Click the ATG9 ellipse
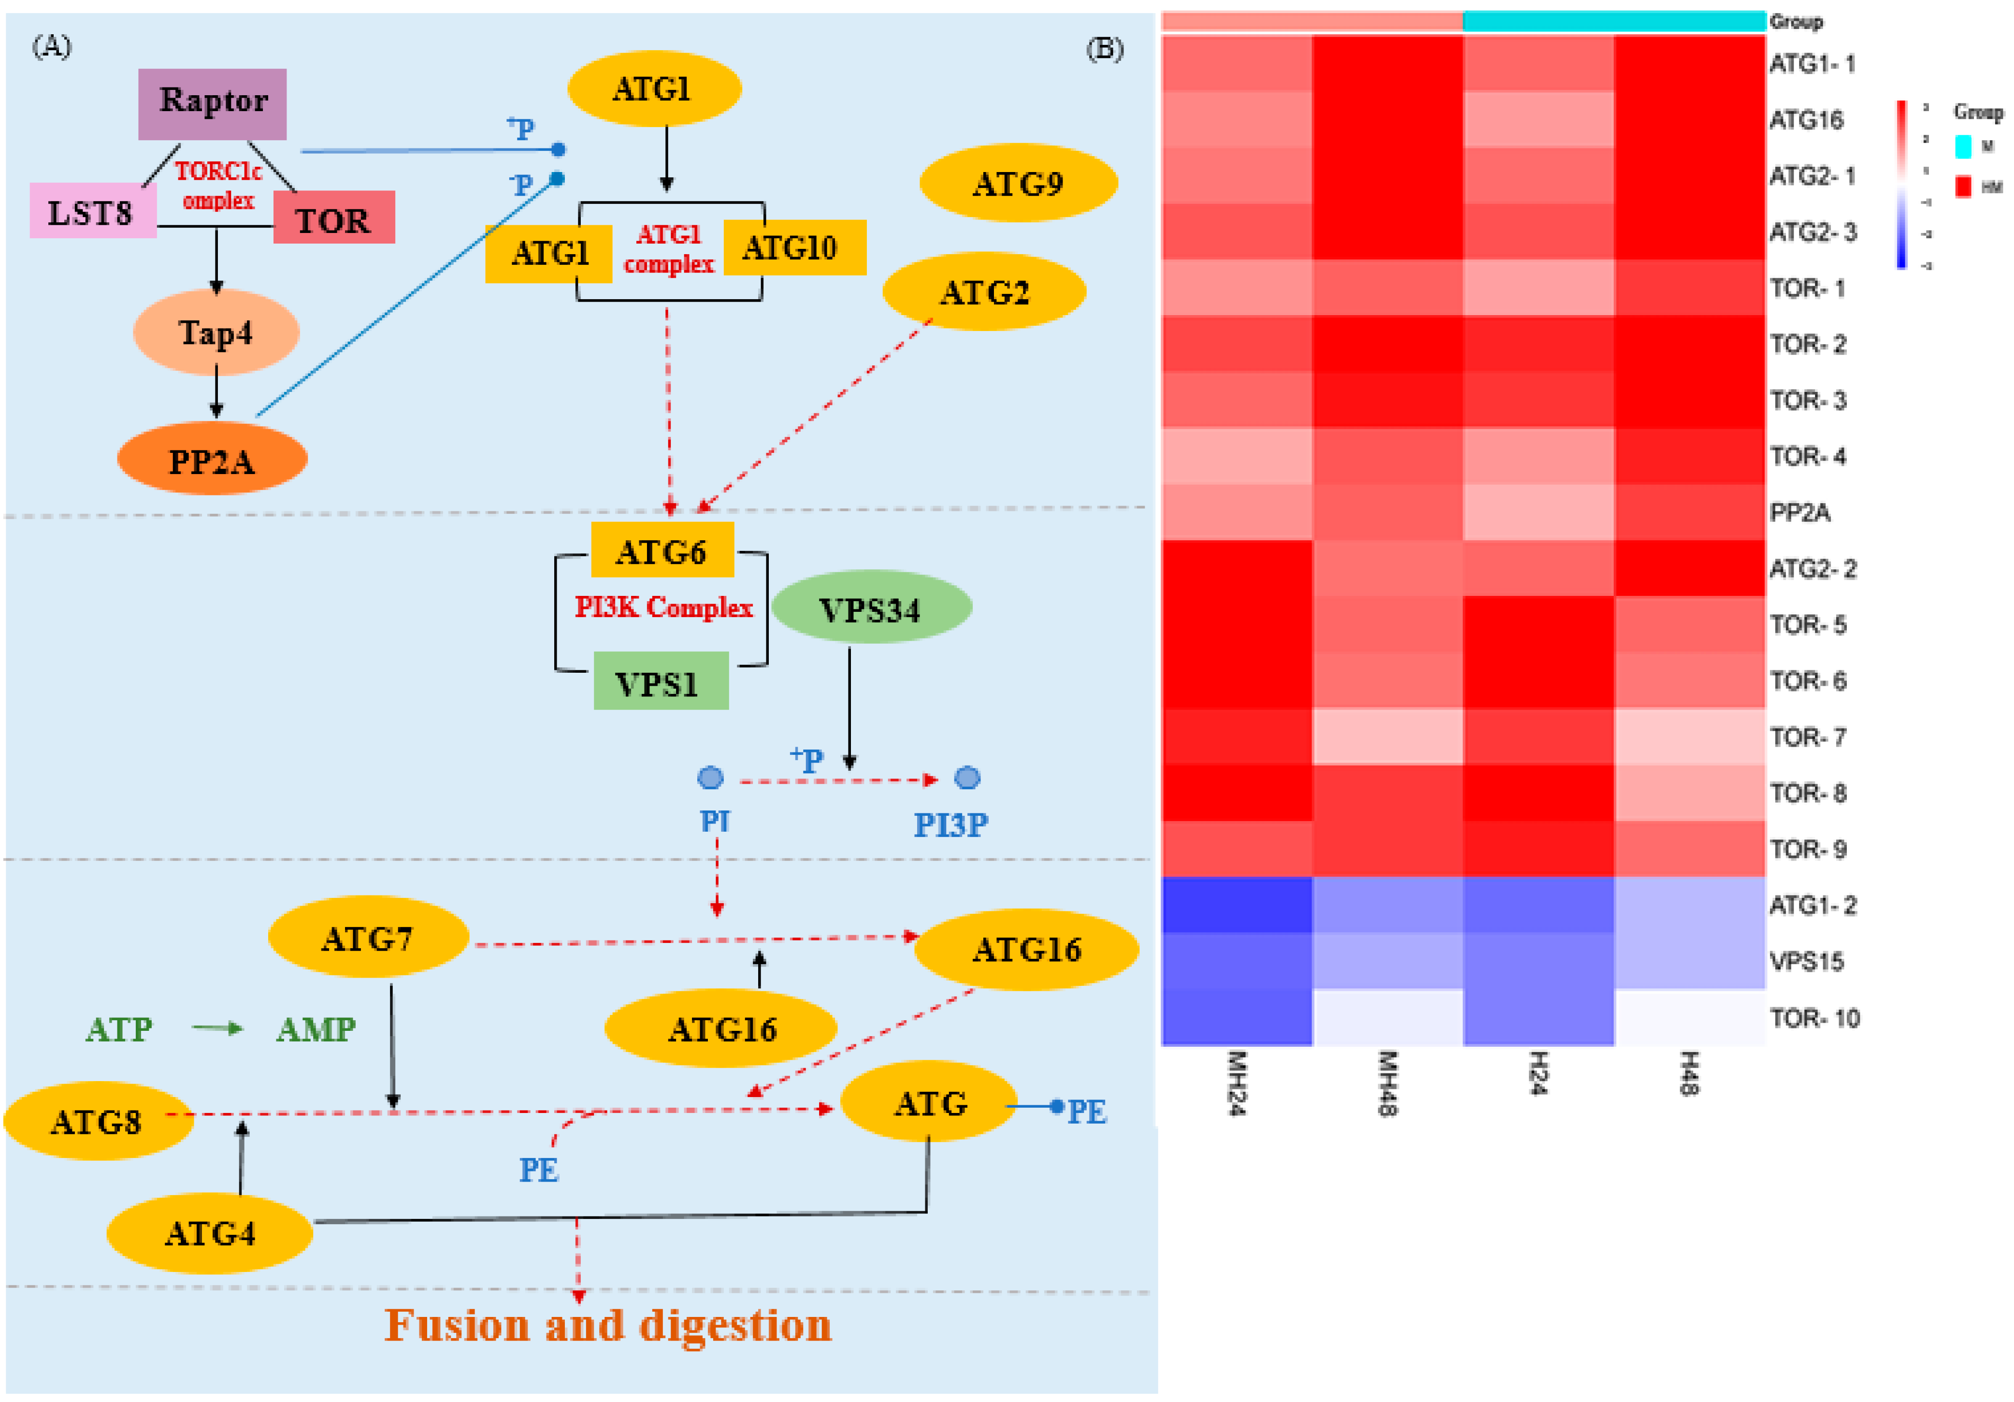click(1018, 183)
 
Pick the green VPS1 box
click(660, 682)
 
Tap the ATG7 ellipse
click(368, 938)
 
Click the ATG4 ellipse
click(210, 1233)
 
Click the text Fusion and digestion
click(608, 1325)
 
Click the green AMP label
click(316, 1028)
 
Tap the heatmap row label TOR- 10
click(1814, 1018)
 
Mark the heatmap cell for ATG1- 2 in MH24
click(1237, 905)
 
